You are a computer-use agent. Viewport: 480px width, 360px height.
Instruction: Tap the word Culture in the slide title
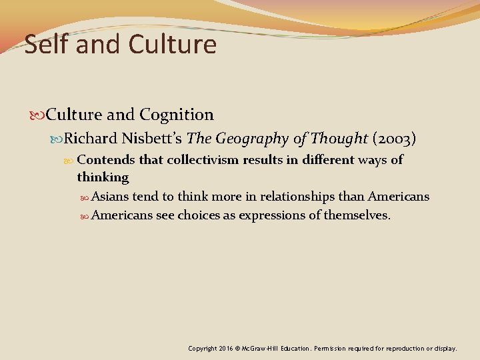173,45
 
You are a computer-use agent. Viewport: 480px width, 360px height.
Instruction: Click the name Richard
91,139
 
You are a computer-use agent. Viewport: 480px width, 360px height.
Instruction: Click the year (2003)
395,139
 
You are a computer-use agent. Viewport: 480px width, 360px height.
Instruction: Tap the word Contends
105,160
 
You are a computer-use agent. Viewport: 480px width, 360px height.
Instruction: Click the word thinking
103,177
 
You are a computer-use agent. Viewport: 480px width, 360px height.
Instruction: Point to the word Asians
110,197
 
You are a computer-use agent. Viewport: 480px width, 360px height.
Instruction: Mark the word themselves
357,215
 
